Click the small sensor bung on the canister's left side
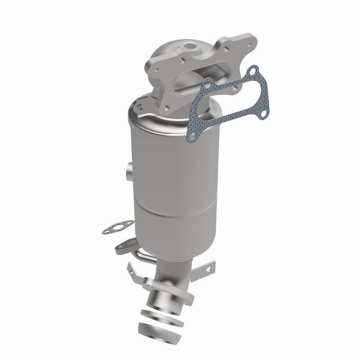pos(127,171)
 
